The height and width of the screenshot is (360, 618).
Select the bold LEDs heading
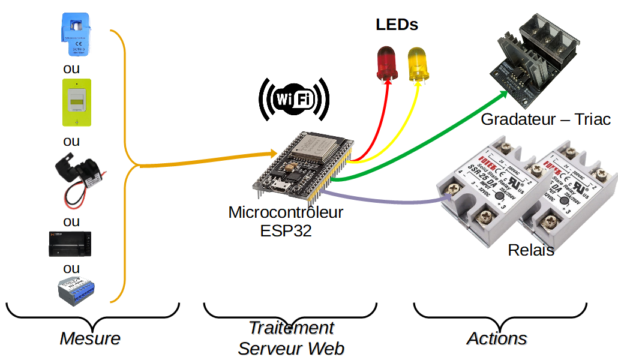[x=397, y=25]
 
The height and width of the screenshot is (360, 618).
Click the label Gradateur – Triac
[x=545, y=119]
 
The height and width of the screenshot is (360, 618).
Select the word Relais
[x=531, y=250]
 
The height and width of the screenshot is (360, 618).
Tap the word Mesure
[x=90, y=338]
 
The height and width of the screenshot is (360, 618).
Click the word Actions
[x=497, y=338]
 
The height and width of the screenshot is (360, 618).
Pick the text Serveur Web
[x=291, y=348]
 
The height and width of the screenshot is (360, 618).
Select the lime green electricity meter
[x=77, y=102]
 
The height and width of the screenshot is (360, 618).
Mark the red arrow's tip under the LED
[x=388, y=83]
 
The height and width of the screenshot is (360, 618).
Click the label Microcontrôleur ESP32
[x=286, y=221]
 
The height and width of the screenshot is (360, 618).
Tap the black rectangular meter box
[x=71, y=244]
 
